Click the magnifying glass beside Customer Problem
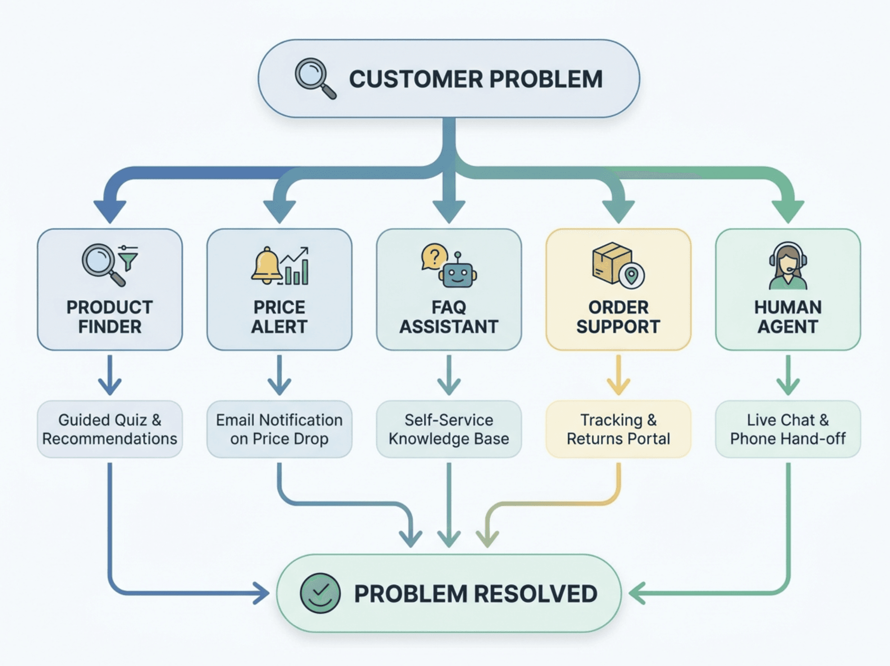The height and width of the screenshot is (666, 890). (315, 78)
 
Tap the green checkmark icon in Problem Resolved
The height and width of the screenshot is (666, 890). (320, 593)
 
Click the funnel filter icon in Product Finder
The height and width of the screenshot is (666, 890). (128, 258)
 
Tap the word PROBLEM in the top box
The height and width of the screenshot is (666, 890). (546, 79)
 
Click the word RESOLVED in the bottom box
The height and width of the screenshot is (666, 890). (536, 594)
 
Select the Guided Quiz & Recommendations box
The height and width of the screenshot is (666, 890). (110, 429)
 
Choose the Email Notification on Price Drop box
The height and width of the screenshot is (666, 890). (279, 429)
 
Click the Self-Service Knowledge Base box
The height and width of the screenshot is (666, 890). (449, 429)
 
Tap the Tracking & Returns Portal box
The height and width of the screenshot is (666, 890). (618, 429)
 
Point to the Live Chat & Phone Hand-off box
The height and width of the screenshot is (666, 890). (788, 429)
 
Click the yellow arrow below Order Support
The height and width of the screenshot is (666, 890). (618, 375)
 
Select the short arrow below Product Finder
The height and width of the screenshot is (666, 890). (110, 375)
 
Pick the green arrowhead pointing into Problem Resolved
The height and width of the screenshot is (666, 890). (637, 593)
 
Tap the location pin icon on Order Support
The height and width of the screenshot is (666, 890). (631, 275)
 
